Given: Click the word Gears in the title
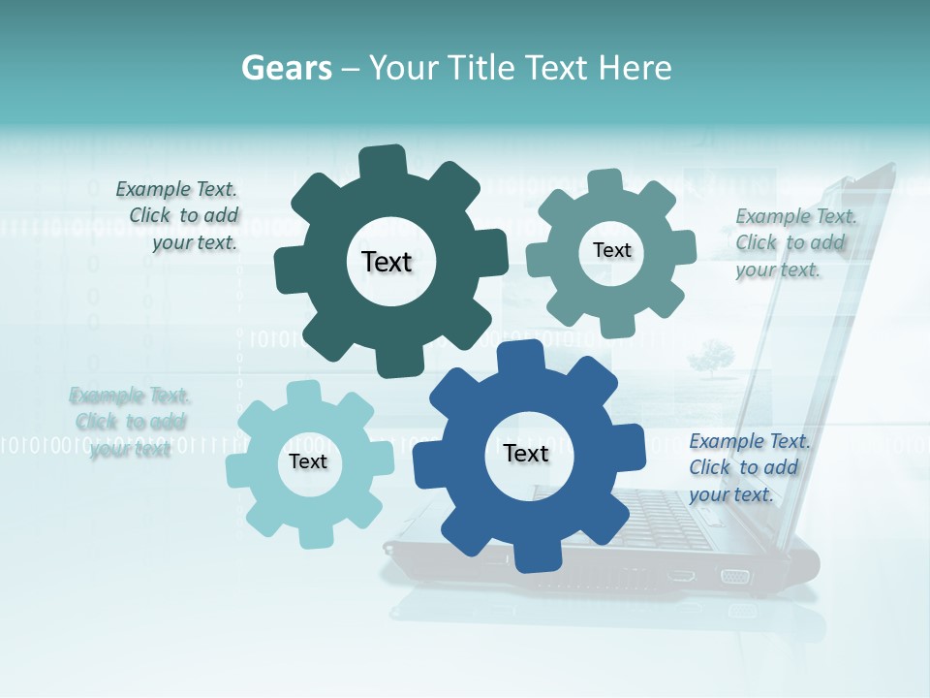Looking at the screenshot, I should pyautogui.click(x=286, y=68).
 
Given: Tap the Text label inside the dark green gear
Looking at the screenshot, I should pyautogui.click(x=387, y=262).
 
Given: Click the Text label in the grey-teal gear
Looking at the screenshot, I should pyautogui.click(x=611, y=250).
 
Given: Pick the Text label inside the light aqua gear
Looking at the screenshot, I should pyautogui.click(x=308, y=461).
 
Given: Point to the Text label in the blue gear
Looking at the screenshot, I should pyautogui.click(x=526, y=453).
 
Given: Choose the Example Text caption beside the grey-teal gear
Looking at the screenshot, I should pyautogui.click(x=794, y=242).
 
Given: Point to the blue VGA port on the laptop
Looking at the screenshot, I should pyautogui.click(x=734, y=576).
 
